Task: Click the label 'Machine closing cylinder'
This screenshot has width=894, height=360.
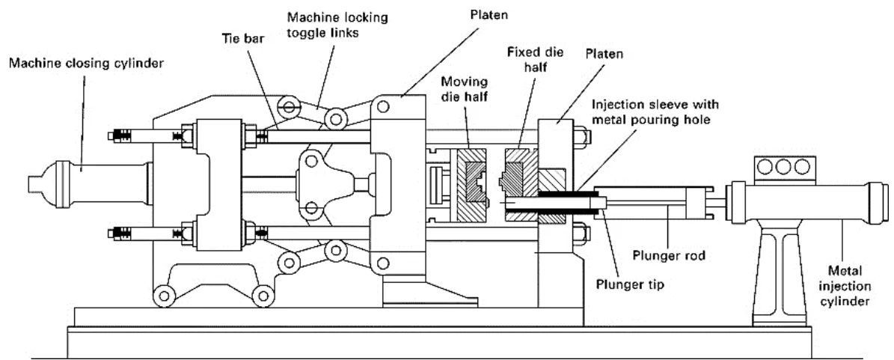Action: coord(86,64)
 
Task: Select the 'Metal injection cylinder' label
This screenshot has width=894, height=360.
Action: coord(845,285)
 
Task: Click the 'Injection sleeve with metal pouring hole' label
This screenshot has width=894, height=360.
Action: coord(655,112)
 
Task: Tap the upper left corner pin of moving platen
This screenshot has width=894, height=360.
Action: coord(383,107)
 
